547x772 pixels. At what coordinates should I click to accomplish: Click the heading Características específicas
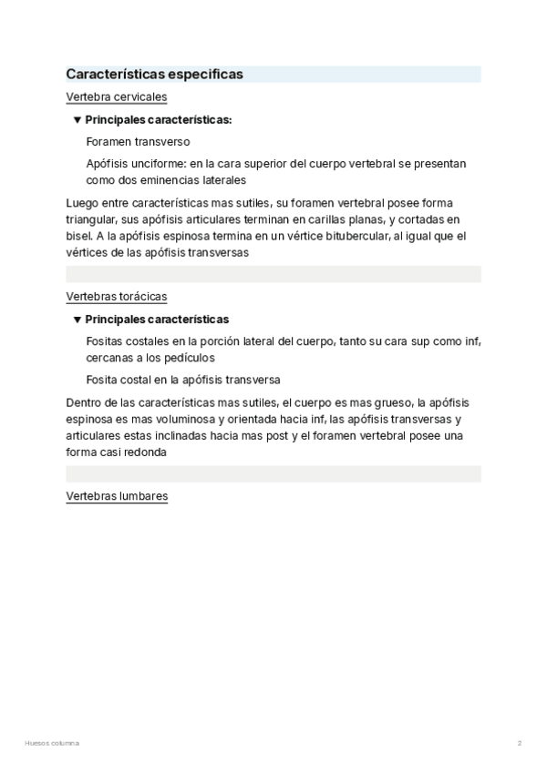[154, 75]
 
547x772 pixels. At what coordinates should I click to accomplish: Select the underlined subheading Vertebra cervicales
[116, 96]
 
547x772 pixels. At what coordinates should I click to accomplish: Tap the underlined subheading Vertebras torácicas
[116, 297]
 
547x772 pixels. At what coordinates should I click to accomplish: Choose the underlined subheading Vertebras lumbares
[117, 496]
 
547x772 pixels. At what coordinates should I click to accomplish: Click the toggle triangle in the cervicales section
[77, 119]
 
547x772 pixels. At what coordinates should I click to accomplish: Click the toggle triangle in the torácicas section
[77, 320]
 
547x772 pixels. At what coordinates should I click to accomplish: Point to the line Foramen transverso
[138, 142]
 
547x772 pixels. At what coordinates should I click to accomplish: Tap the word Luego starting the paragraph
[82, 203]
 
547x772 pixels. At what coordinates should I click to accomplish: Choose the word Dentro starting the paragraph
[84, 402]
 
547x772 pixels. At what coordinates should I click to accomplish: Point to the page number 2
[520, 743]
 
